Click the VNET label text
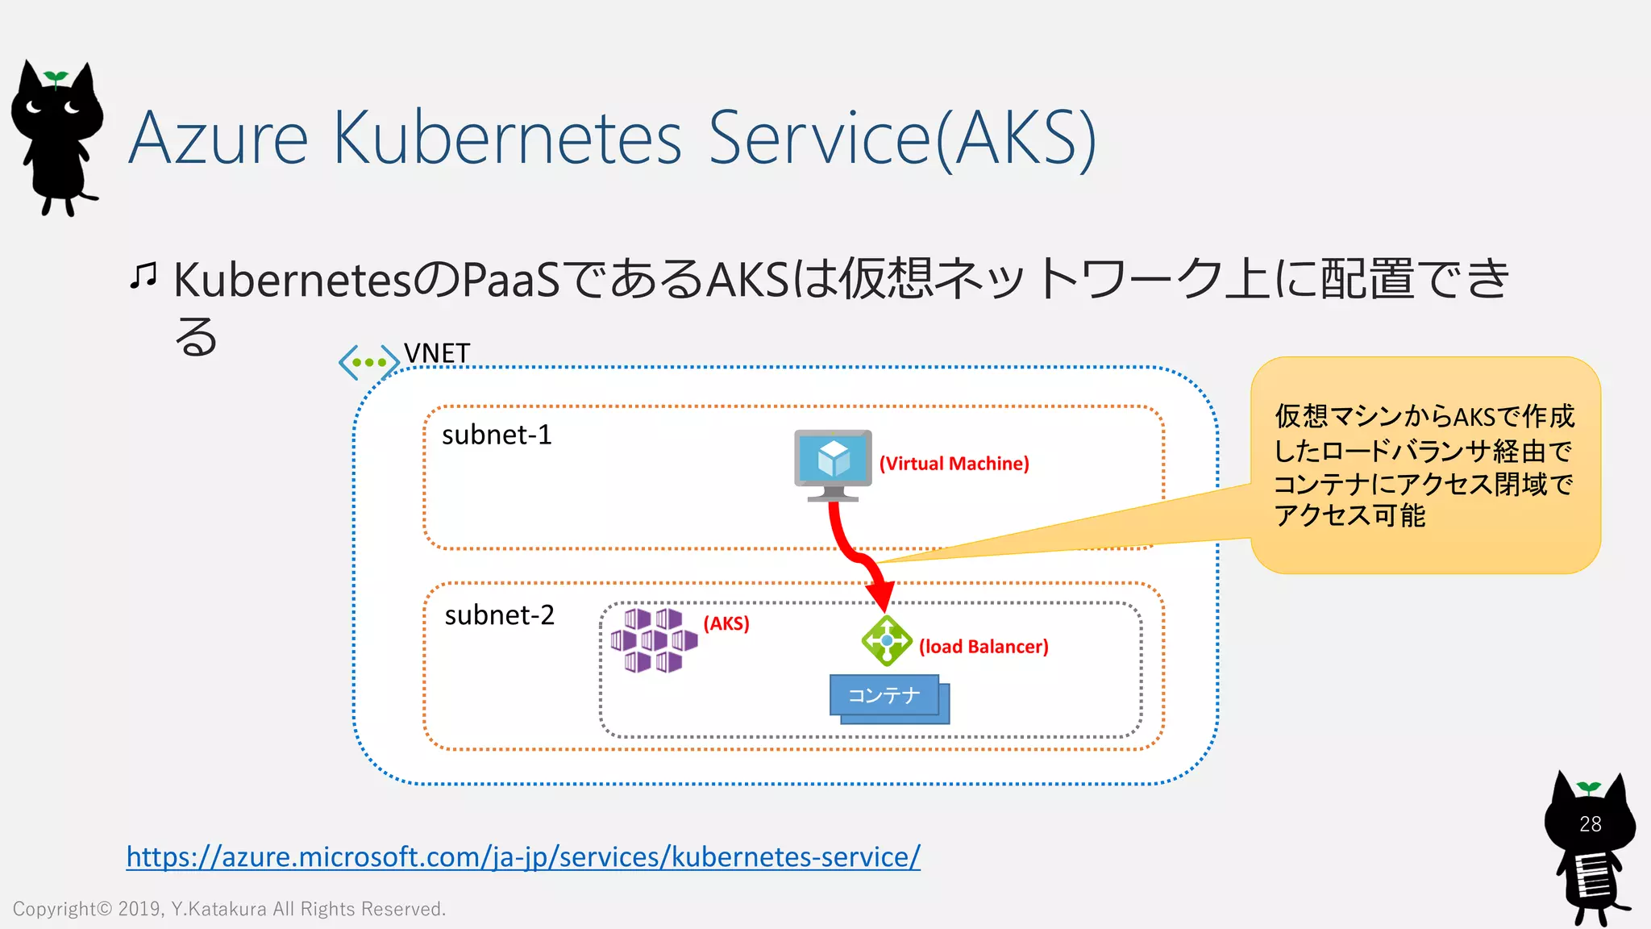[x=437, y=353]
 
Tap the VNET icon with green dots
[x=369, y=362]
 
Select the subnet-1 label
[x=497, y=435]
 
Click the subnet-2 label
[x=499, y=615]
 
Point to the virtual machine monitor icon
[x=833, y=461]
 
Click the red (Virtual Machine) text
[x=954, y=464]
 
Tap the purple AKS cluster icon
[x=653, y=641]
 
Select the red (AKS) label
[x=726, y=623]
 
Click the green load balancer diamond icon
[x=887, y=640]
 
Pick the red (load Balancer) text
[x=984, y=647]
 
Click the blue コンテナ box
[x=884, y=695]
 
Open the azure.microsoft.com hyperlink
[x=523, y=856]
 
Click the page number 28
[x=1590, y=824]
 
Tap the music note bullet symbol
[x=143, y=277]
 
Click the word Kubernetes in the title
[x=507, y=138]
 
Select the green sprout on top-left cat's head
[x=56, y=77]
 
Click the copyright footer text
[x=229, y=909]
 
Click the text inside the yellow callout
[x=1423, y=465]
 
